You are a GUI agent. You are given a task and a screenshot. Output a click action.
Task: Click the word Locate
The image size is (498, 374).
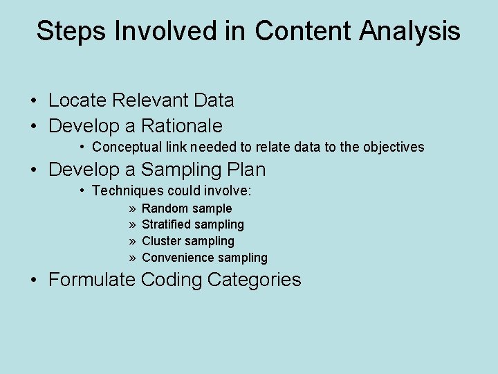[x=77, y=100]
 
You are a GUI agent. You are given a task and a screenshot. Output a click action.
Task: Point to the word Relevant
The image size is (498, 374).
[x=150, y=100]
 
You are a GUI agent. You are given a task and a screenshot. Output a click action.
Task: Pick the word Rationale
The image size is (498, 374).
[x=182, y=126]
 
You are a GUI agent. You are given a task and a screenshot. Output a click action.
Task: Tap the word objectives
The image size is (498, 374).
[x=393, y=147]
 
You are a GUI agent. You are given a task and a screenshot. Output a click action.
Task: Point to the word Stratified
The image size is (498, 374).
[x=166, y=224]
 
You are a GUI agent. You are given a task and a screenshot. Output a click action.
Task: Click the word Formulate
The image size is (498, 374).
[x=92, y=280]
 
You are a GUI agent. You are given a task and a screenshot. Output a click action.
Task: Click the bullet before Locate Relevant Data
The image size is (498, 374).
[x=33, y=101]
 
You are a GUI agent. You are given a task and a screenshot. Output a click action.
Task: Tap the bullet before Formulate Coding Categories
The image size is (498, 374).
[x=33, y=280]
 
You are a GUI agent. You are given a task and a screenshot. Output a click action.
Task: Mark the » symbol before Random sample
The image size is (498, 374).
[x=131, y=208]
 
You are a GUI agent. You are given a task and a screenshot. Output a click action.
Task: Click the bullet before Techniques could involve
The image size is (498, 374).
[x=82, y=190]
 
